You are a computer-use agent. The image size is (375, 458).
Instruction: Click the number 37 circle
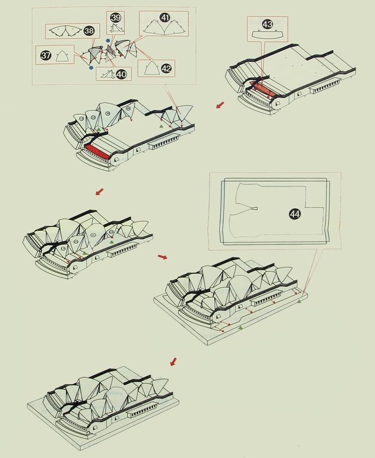[46, 55]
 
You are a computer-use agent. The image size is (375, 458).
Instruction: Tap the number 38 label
[89, 31]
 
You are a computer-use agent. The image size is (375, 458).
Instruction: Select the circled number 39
[116, 18]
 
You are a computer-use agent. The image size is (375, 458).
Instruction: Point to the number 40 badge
[121, 74]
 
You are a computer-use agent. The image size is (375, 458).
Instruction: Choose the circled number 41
[165, 18]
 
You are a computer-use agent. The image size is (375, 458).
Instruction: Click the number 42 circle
[166, 69]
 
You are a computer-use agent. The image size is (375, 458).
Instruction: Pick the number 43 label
[267, 24]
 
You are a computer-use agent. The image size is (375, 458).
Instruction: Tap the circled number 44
[295, 214]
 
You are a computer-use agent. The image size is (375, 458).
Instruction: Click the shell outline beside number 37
[62, 56]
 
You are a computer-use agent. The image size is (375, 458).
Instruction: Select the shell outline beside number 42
[152, 68]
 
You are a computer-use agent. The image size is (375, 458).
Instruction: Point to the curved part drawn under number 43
[267, 34]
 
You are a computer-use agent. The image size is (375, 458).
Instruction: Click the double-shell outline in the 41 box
[164, 28]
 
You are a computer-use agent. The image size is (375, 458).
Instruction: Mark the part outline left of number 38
[65, 31]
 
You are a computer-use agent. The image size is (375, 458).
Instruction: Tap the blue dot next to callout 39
[108, 41]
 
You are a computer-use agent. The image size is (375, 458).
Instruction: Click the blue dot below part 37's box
[91, 68]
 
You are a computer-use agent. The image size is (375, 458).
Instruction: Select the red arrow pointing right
[162, 257]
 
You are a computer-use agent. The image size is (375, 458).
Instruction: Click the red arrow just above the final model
[174, 361]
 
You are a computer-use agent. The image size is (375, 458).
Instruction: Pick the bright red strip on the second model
[97, 151]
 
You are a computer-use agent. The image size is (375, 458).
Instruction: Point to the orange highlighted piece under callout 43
[262, 89]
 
